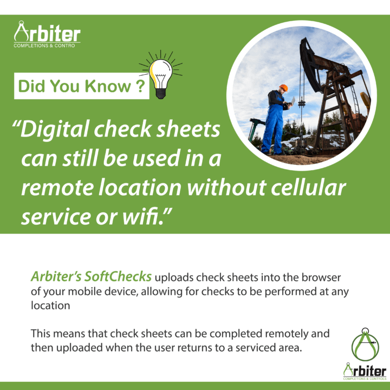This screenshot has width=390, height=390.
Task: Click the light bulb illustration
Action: pos(161,75)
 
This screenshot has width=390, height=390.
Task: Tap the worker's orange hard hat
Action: pos(283,88)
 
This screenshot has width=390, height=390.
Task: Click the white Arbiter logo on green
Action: pos(47,34)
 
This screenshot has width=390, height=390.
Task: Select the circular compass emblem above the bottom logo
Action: pos(365,344)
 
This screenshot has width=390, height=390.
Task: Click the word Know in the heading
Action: pos(108,86)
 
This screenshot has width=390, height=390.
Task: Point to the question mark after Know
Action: pos(140,86)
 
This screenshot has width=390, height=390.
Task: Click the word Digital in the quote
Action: pos(55,129)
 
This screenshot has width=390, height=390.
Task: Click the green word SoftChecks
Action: pos(118,276)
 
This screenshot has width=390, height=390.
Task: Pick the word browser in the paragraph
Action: pos(321,277)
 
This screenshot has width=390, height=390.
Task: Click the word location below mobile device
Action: pos(50,305)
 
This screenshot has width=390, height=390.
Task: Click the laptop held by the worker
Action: pos(290,102)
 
